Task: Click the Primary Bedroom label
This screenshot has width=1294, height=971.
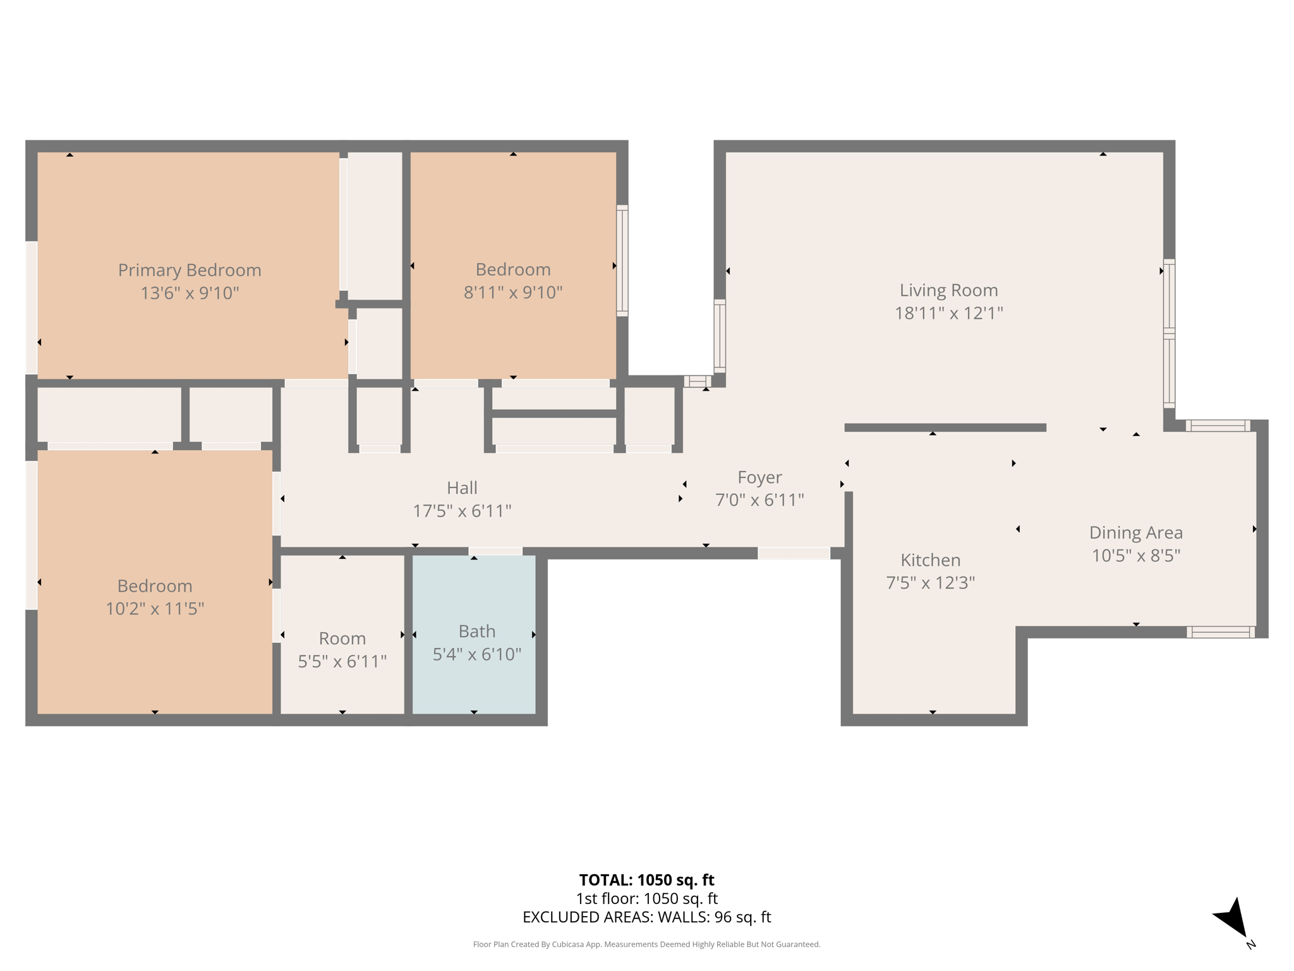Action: (190, 270)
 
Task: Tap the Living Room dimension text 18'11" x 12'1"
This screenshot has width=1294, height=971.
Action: (948, 313)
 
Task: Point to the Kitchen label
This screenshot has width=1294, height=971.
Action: (930, 560)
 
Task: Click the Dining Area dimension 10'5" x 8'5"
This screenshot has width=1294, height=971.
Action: (1135, 556)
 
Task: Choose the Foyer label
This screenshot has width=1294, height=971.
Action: (759, 477)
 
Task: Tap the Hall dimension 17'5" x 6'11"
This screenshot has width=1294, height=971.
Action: (462, 511)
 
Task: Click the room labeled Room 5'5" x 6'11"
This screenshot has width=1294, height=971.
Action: (342, 638)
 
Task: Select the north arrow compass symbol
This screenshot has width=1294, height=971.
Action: (1233, 919)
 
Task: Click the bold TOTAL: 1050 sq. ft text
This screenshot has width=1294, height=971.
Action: (646, 880)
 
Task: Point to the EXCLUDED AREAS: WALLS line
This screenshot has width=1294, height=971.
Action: (646, 917)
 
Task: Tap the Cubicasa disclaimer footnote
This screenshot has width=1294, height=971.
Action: (646, 944)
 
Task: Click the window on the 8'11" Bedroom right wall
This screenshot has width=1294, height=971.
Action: (622, 260)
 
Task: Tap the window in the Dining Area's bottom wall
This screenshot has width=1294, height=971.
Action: (1220, 632)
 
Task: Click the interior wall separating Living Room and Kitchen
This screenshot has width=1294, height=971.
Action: (945, 428)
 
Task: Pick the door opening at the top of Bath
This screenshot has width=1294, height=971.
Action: (495, 552)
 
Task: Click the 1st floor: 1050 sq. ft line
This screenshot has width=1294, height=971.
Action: (646, 898)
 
